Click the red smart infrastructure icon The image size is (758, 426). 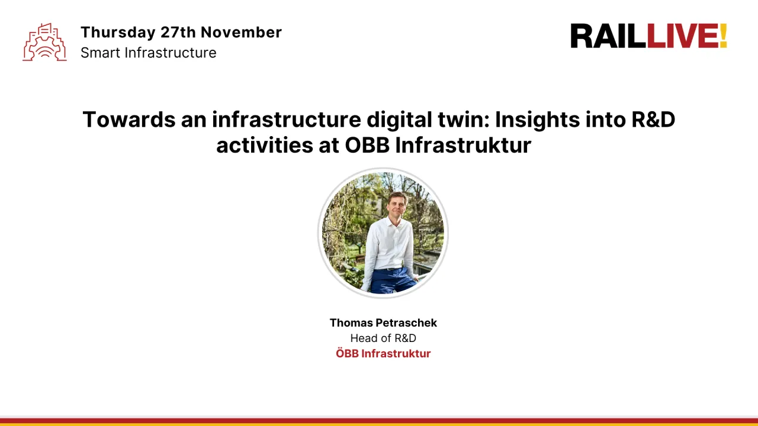pos(44,42)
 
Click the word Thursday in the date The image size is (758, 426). pos(118,33)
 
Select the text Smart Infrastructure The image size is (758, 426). pos(148,53)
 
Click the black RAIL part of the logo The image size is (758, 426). pos(608,37)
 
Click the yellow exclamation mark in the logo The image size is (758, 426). pos(722,37)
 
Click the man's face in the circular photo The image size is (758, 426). pos(396,204)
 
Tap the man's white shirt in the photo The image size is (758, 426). pos(388,246)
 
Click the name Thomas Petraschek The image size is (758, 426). pos(383,323)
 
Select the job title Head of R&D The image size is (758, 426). pos(383,338)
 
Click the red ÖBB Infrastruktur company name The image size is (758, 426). pos(383,354)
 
